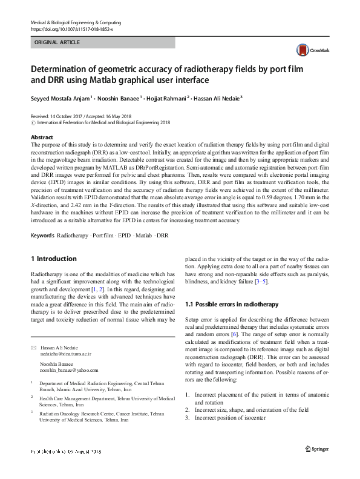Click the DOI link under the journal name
71,29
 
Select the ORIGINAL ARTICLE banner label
57,43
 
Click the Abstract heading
42,138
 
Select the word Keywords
42,234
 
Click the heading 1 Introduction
53,259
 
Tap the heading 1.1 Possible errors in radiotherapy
232,304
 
